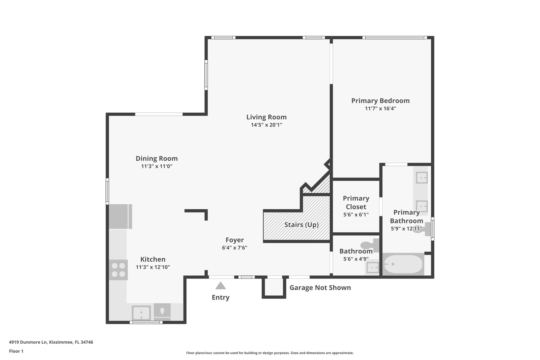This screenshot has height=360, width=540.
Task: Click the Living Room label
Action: [266, 117]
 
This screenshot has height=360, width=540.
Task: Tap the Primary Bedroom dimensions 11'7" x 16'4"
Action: [380, 108]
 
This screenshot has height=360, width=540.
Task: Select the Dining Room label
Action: [157, 159]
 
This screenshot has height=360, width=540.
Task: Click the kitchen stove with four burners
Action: [118, 270]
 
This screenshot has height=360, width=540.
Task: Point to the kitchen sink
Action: [141, 313]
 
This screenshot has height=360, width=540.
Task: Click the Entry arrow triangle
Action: [220, 286]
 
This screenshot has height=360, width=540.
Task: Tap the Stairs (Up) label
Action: [301, 225]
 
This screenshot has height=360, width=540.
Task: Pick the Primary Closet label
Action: [356, 203]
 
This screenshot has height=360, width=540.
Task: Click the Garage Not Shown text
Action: [320, 288]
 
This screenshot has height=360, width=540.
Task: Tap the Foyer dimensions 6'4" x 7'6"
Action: [234, 248]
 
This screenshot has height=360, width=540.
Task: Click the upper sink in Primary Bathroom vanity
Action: [422, 177]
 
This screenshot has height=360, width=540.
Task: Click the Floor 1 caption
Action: [16, 351]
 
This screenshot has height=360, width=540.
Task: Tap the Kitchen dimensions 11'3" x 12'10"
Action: [153, 267]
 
